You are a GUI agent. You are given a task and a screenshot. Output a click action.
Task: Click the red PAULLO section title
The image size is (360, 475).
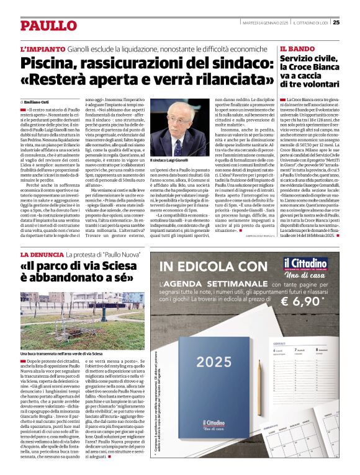tap(48, 26)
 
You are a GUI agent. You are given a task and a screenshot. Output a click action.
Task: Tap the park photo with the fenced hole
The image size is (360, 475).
tap(83, 316)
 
